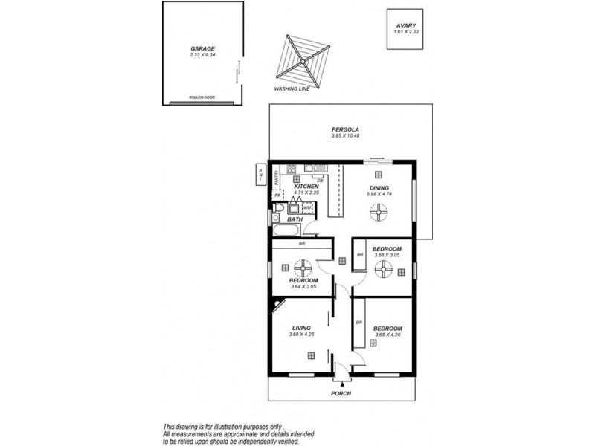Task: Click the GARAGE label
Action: pos(202,48)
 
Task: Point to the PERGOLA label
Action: pos(345,129)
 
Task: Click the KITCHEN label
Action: pos(306,187)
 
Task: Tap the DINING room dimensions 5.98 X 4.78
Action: pos(379,194)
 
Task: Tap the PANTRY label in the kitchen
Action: pos(275,177)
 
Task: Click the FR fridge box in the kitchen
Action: pos(277,195)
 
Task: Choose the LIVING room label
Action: pos(301,328)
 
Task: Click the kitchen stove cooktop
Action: pos(291,168)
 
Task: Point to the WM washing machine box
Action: pos(306,208)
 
